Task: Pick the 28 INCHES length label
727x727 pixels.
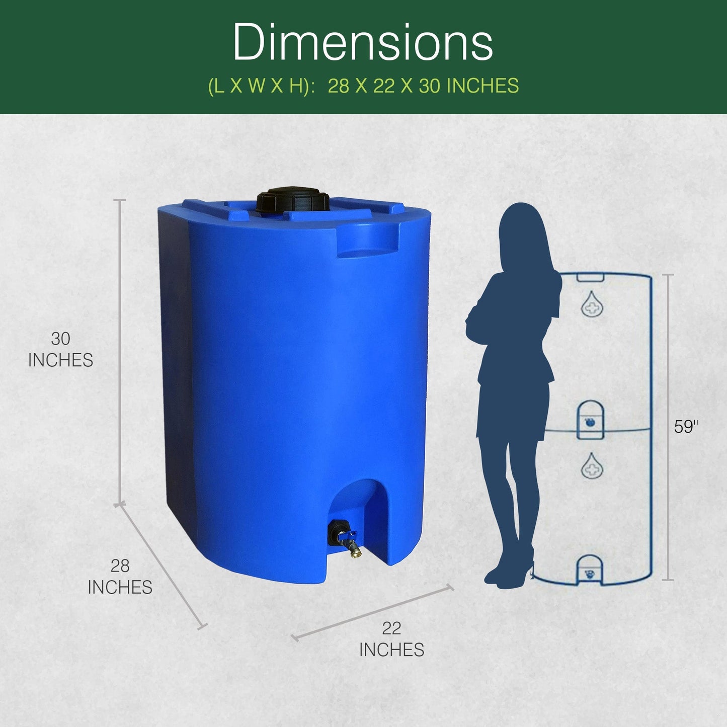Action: pos(120,577)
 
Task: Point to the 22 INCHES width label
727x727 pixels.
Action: pos(391,639)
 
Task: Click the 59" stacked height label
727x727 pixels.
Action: pos(686,427)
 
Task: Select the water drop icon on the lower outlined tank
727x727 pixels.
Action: pos(592,466)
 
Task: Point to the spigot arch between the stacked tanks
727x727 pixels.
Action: pos(590,418)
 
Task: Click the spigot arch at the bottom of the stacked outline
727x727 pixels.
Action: pos(589,571)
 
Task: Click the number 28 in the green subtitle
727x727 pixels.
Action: pos(338,86)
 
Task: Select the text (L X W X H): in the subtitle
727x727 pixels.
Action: pos(262,86)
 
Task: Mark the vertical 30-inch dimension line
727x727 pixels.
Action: pos(120,352)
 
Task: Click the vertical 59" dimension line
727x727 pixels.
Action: pos(668,428)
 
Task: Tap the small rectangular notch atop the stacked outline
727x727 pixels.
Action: pos(590,277)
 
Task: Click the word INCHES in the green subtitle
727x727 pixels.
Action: pos(482,86)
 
